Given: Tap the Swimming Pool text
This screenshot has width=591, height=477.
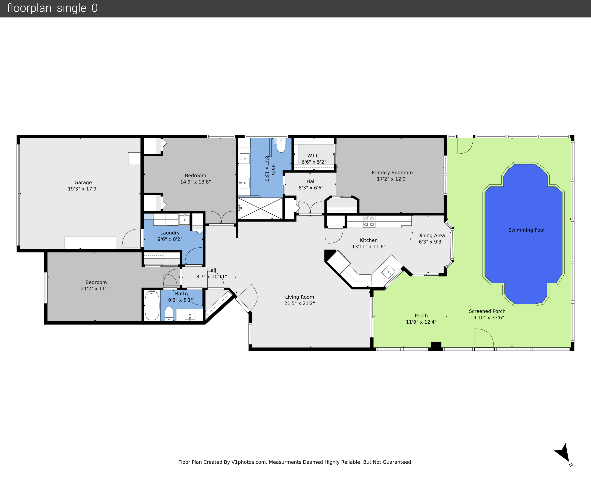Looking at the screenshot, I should pos(526,230).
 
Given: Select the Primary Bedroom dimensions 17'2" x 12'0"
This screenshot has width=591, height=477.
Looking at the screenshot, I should pos(392,179).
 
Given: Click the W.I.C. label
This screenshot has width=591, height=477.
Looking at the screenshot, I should pos(314,156).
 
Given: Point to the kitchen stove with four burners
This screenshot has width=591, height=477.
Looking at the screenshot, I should pos(369,221).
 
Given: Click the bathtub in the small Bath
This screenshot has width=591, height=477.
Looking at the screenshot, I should pos(152,305).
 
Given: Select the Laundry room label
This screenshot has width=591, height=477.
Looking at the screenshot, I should pos(170,233).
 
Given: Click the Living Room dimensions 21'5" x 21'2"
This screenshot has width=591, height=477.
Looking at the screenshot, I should pos(299,303).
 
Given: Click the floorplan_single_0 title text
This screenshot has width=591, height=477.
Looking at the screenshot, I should pos(52,8).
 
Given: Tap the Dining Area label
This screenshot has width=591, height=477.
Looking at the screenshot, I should pos(431,235).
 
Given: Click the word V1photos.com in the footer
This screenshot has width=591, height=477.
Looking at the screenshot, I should pos(249,462).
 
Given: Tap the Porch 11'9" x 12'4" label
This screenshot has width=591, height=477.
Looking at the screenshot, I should pos(421,319).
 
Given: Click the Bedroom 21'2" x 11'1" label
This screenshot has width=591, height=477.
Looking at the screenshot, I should pos(96,285).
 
